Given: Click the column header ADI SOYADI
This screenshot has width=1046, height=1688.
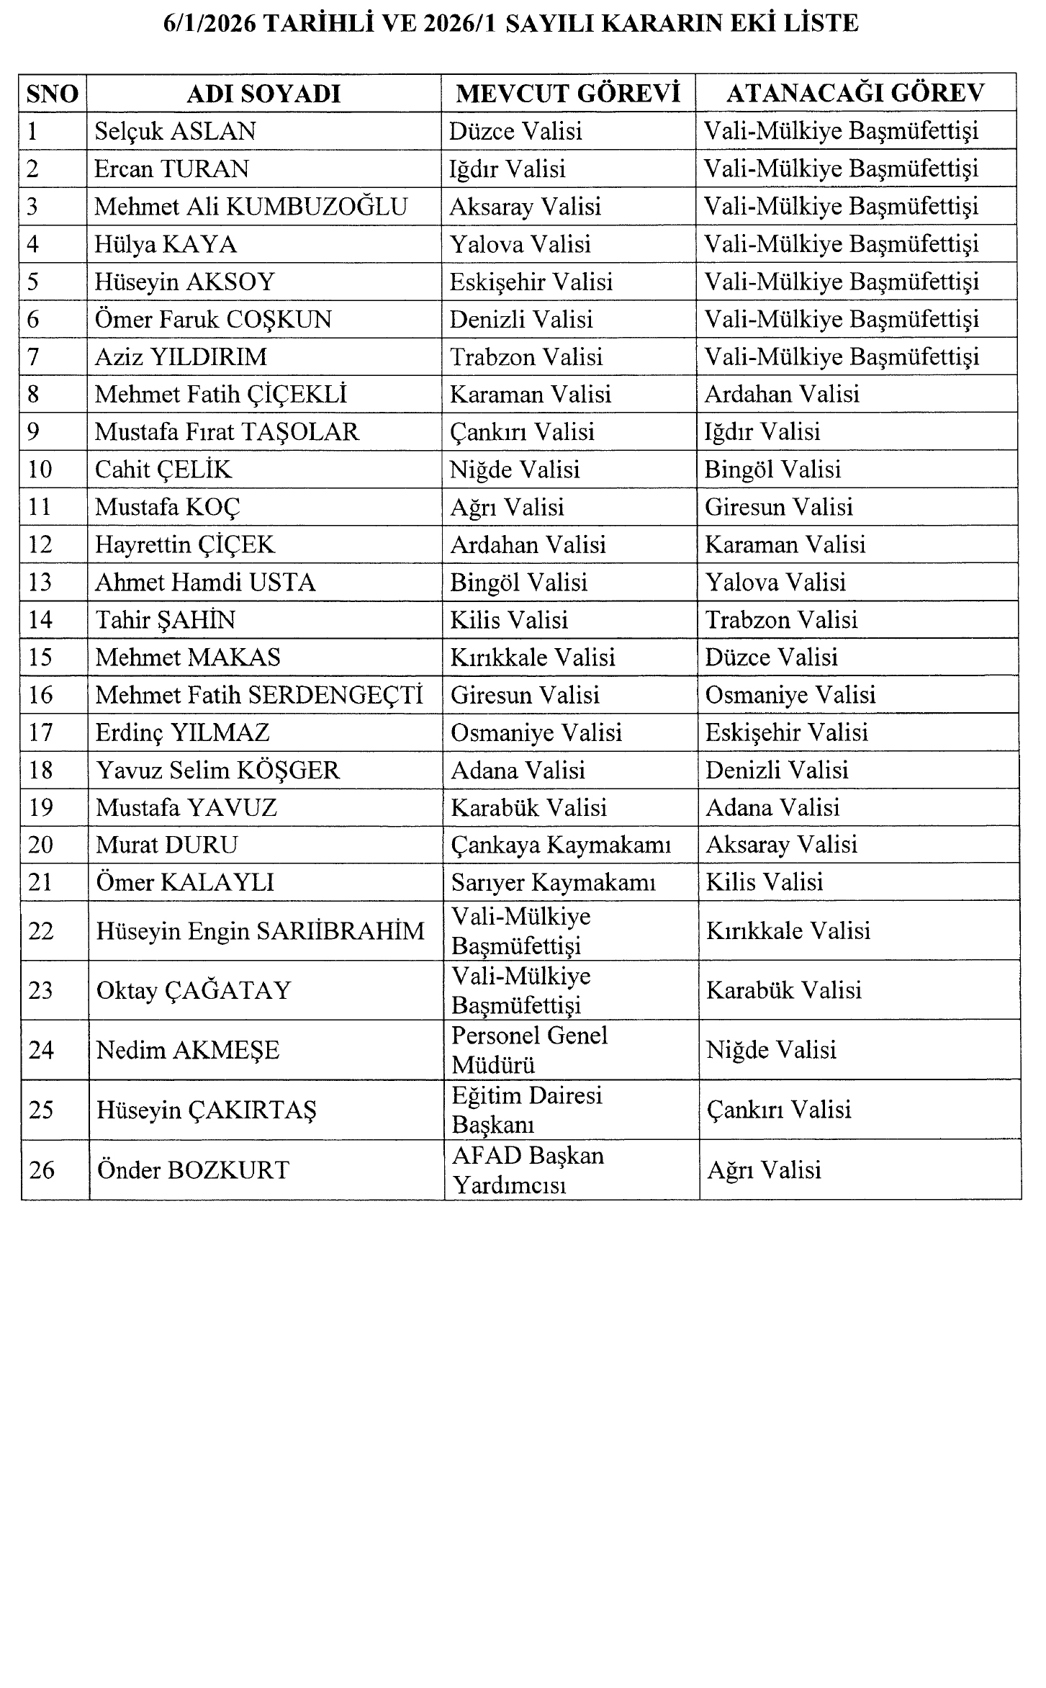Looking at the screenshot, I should coord(263,94).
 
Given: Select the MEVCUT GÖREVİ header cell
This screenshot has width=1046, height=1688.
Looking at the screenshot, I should coord(568,94).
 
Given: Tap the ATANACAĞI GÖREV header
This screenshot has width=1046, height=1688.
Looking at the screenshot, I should coord(855,94).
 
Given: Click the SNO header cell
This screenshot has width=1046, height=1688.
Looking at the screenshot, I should coord(52,94).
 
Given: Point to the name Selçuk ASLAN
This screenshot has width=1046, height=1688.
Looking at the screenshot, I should coord(175,131).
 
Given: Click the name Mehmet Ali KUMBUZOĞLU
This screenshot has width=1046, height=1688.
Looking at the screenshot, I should coord(251,207).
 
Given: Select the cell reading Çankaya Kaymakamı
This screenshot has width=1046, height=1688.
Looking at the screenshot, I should coord(561,845).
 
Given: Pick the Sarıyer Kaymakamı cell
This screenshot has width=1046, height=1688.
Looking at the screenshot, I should coord(553,882).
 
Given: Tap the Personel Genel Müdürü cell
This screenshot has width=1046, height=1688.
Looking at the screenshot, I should coord(529,1050).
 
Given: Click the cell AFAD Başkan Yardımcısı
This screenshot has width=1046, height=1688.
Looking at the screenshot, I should coord(528,1170).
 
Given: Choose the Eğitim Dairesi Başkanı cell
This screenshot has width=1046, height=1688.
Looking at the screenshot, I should coord(526,1110).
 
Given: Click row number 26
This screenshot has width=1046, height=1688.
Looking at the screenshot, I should coord(42,1170).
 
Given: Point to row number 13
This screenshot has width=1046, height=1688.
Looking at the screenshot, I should coord(40,582).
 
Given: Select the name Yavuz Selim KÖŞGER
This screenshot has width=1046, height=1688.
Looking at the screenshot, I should coord(217,770).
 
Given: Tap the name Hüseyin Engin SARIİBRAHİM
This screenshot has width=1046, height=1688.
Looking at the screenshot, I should coord(260,931).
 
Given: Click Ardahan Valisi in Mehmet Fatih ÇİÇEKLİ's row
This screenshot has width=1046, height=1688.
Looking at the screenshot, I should coord(782,394).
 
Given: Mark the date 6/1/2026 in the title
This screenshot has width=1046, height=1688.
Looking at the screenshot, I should coord(208,24).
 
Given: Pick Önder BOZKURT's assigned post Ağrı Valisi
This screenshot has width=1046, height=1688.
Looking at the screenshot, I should coord(764,1170).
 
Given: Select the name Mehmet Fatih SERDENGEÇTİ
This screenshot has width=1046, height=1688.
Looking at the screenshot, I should coord(259,695).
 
